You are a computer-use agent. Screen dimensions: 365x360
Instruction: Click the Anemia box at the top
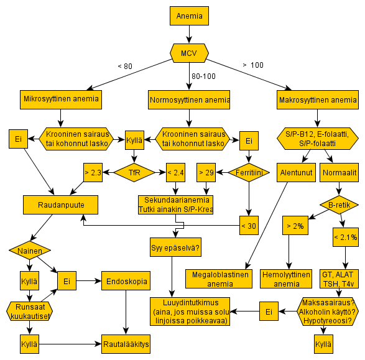(189, 16)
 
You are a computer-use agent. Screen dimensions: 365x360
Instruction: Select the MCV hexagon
(189, 53)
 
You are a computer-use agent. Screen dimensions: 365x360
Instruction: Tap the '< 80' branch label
(125, 67)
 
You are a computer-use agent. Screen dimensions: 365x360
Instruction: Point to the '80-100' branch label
(203, 76)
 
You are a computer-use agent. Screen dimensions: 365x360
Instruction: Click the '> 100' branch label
(253, 65)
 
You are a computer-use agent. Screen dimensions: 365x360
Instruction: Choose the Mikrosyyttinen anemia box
(61, 99)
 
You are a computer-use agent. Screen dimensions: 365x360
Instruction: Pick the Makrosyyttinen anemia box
(318, 99)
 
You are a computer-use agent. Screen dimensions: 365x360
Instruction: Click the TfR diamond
(134, 172)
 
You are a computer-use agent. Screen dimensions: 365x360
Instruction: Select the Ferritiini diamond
(249, 172)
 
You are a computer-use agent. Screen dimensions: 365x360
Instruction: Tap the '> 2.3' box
(93, 172)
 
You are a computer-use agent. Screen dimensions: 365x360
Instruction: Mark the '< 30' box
(249, 225)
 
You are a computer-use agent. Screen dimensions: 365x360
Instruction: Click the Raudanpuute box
(60, 205)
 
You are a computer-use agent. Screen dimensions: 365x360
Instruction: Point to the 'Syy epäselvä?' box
(175, 247)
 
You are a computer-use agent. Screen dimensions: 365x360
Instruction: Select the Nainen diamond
(30, 251)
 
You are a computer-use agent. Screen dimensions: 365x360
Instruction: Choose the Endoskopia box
(126, 280)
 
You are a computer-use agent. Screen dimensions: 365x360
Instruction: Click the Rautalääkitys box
(126, 344)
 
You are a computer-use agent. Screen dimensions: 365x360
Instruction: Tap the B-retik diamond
(339, 205)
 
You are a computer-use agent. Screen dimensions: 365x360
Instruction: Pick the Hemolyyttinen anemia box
(286, 279)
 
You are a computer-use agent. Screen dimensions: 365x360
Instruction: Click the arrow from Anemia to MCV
(189, 34)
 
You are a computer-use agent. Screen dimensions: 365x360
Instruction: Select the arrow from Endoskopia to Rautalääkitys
(126, 312)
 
